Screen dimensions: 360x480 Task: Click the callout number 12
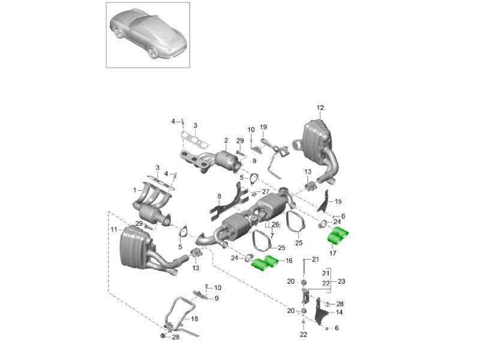tap(320, 108)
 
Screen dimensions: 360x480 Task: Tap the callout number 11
tap(113, 229)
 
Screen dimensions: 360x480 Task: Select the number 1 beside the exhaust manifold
tap(136, 190)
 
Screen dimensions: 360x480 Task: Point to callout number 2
tap(226, 140)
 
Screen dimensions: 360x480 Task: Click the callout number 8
tap(220, 196)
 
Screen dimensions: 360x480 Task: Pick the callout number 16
tap(289, 261)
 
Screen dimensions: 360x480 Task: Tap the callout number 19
tap(263, 127)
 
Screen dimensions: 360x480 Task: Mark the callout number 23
tap(342, 281)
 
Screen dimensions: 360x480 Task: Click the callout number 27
tap(265, 191)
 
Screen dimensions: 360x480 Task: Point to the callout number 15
tap(338, 202)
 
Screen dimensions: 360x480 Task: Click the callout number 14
tap(339, 313)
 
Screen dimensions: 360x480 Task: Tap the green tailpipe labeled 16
tap(265, 263)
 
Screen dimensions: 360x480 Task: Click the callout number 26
tap(275, 225)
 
